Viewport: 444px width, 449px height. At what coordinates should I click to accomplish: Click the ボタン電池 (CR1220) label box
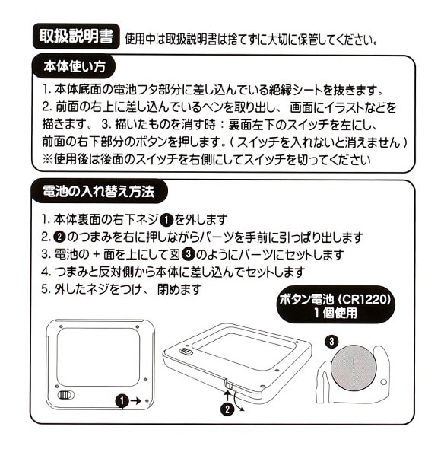(x=335, y=304)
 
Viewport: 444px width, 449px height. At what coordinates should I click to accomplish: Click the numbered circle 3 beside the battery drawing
(x=331, y=341)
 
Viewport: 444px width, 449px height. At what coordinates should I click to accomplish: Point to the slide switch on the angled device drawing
(x=185, y=352)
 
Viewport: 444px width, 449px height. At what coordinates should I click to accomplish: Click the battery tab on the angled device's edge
(x=228, y=384)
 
